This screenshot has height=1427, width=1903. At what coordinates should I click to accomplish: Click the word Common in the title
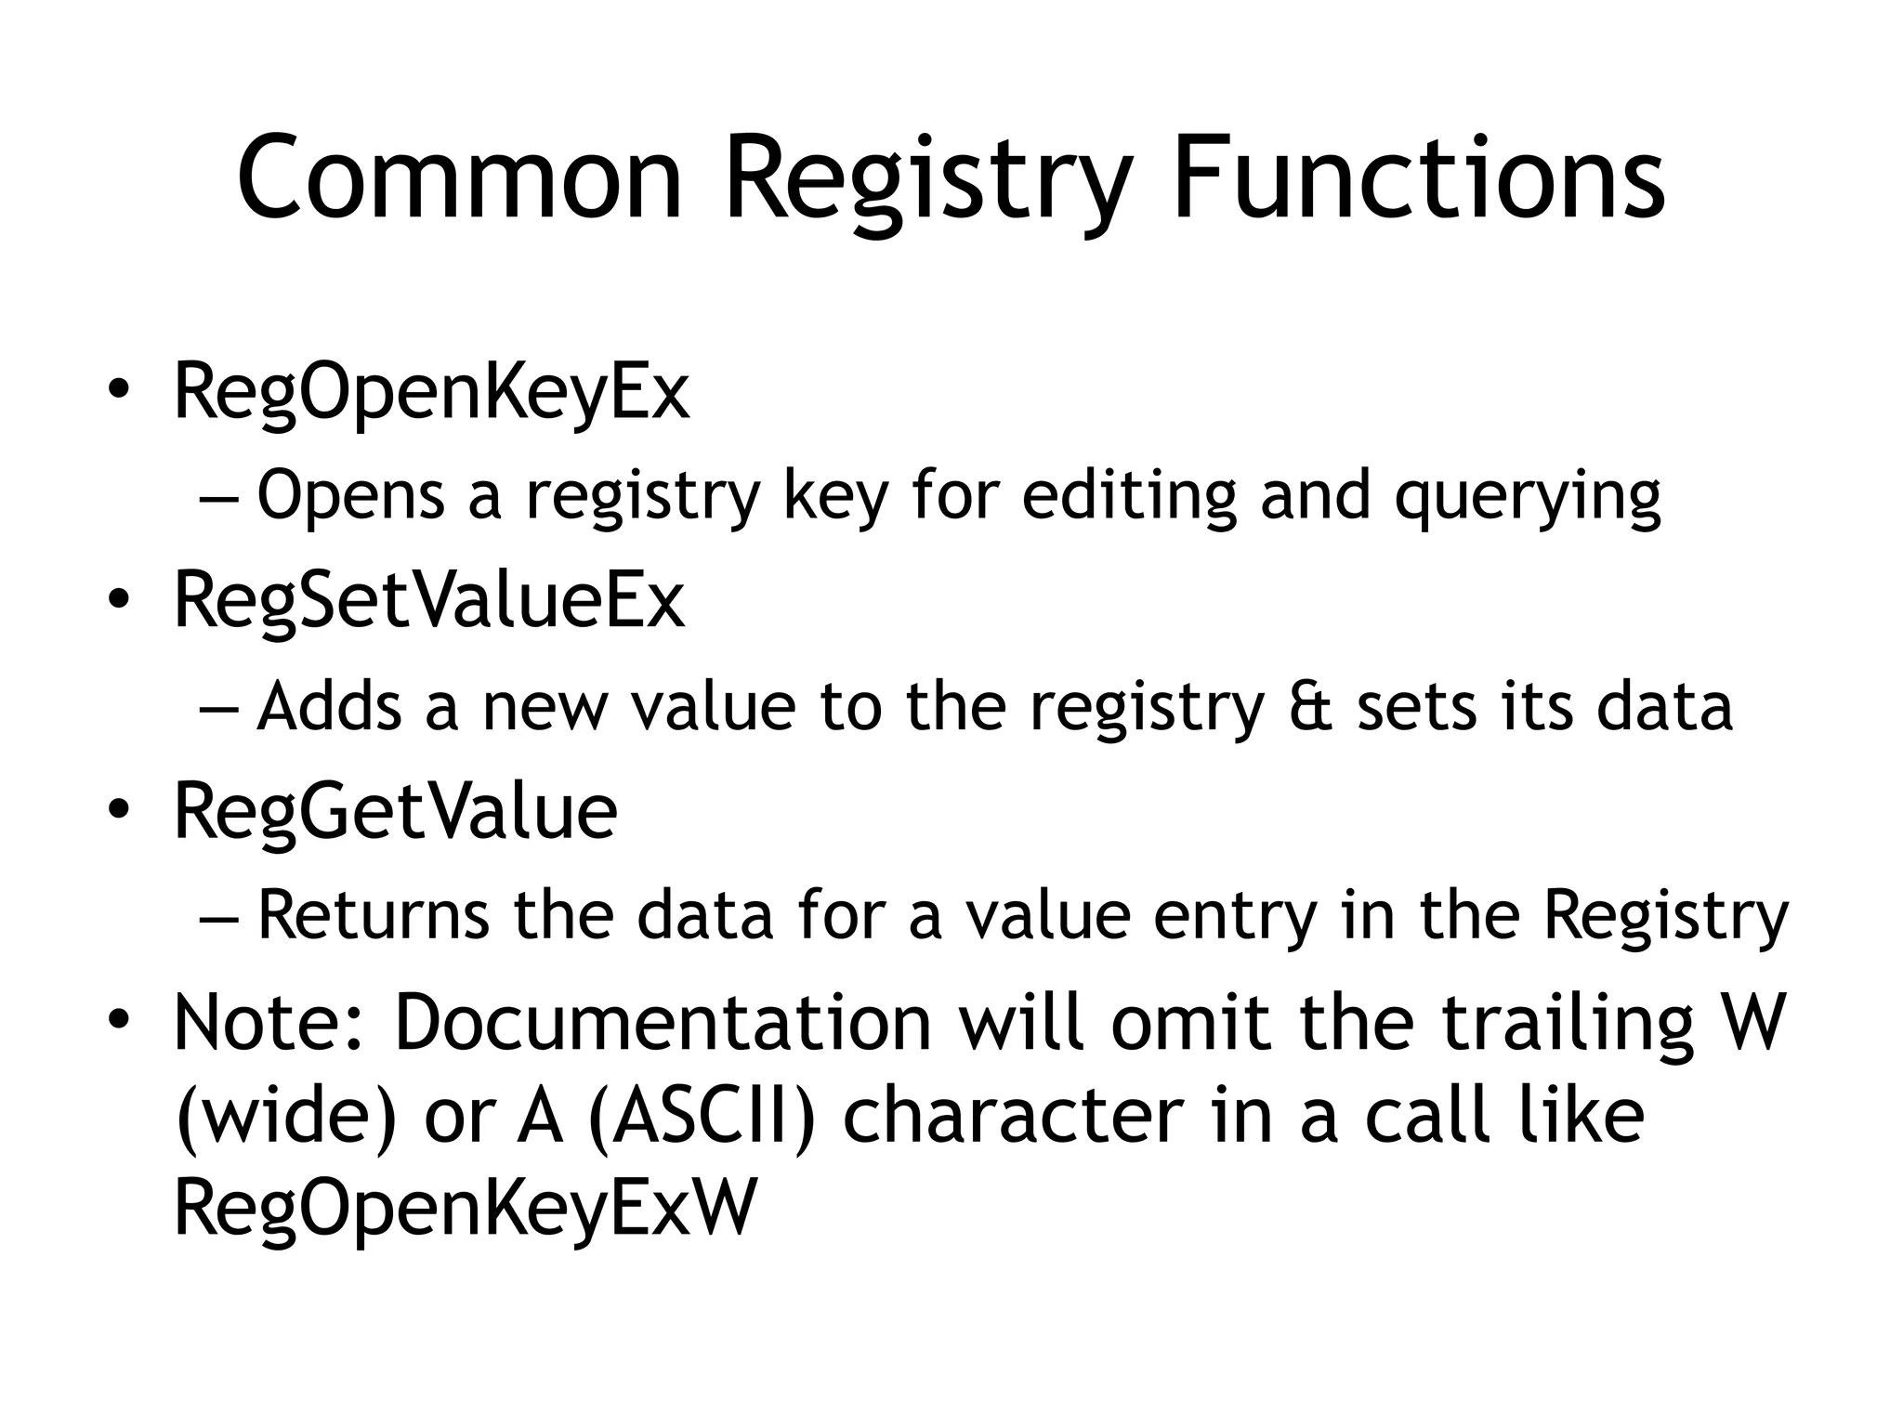coord(460,178)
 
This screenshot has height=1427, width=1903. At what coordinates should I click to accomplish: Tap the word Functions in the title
coord(1418,178)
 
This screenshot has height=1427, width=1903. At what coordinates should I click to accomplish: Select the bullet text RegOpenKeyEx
coord(431,394)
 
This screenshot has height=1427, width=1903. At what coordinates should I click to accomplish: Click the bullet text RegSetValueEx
coord(428,602)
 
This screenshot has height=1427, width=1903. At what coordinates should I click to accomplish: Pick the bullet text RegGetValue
coord(395,812)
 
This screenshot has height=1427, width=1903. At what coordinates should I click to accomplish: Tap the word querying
coord(1527,498)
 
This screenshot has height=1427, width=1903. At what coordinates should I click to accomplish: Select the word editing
coord(1129,496)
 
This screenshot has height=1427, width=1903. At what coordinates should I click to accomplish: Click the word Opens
coord(351,496)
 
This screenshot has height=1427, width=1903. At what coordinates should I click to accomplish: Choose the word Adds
coord(329,706)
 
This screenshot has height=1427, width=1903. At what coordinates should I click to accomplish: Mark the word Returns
coord(373,915)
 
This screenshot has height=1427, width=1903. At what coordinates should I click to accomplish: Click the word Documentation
coord(663,1023)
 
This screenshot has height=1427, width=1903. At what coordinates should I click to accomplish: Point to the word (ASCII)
coord(702,1116)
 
